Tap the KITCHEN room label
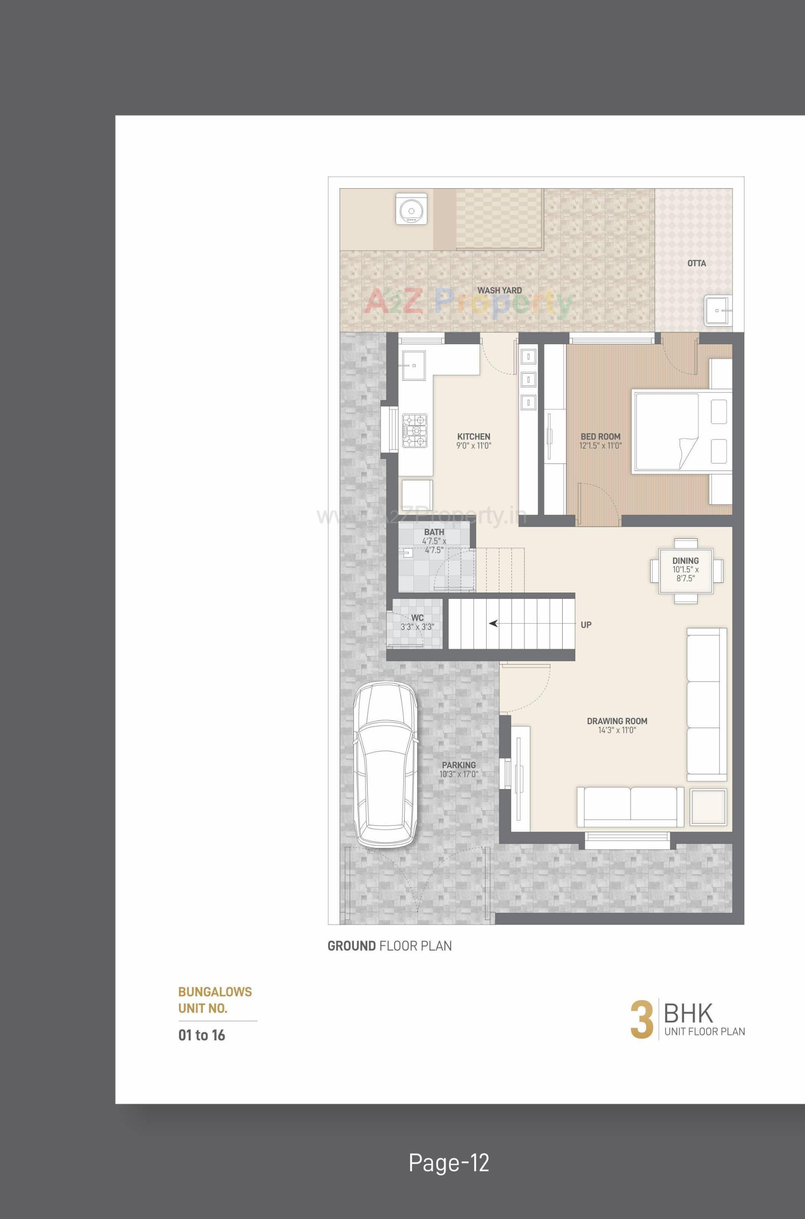coord(473,437)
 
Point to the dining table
coord(686,570)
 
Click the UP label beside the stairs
coord(586,625)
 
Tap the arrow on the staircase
coord(493,624)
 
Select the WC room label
coord(418,618)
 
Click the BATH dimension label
coord(434,545)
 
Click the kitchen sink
coord(414,365)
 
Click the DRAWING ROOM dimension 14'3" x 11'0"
coord(617,730)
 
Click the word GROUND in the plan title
coord(351,946)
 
